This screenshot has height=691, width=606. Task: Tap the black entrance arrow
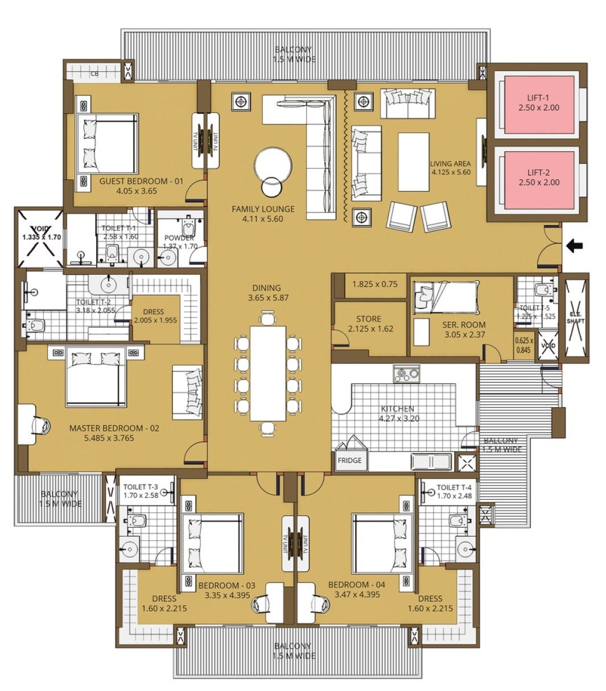(x=575, y=246)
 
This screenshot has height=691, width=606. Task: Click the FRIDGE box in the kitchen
(x=349, y=461)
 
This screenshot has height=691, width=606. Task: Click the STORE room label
(x=369, y=319)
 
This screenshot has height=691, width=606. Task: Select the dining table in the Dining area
(x=267, y=373)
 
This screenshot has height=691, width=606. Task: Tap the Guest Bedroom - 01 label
(x=141, y=181)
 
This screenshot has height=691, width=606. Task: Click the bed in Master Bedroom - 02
(x=96, y=378)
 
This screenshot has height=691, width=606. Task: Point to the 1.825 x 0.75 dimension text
(x=374, y=284)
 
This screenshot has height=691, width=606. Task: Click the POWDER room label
(x=179, y=238)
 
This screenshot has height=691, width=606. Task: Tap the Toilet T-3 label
(x=141, y=487)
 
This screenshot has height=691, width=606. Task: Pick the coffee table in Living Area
(x=413, y=162)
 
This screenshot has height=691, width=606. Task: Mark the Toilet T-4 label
(x=454, y=487)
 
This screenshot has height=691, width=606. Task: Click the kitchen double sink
(x=431, y=461)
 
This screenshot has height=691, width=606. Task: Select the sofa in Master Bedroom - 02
(x=188, y=392)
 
